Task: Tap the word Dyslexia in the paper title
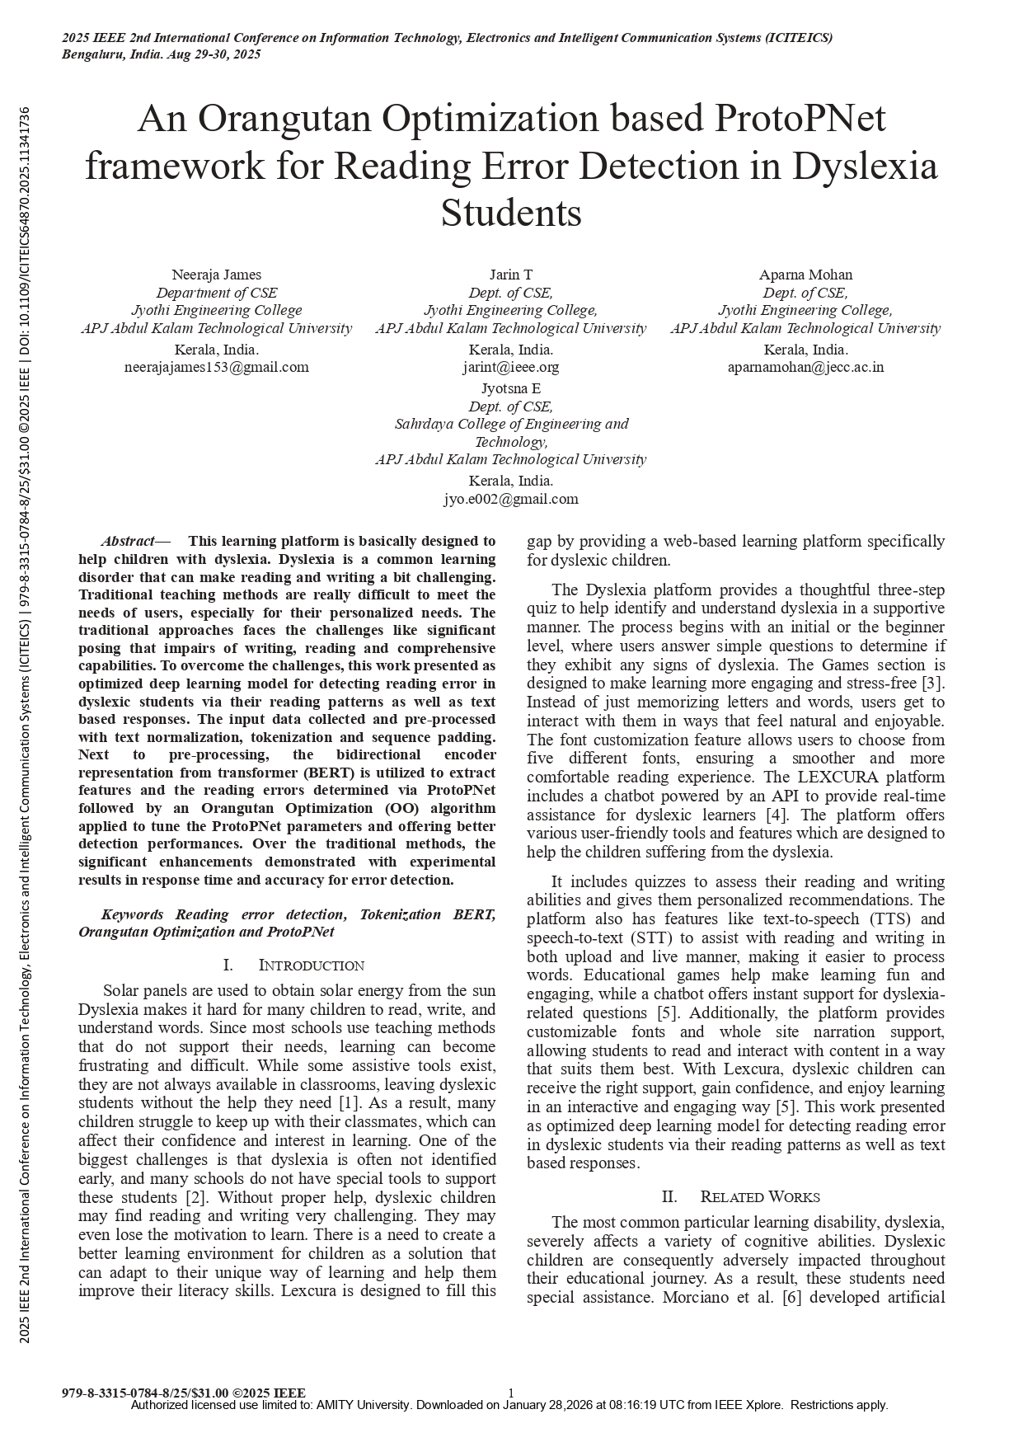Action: click(x=865, y=167)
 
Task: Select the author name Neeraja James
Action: click(x=216, y=275)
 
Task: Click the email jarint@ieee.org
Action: click(x=511, y=367)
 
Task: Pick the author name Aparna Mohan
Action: click(x=805, y=275)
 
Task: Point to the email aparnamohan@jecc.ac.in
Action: click(x=805, y=367)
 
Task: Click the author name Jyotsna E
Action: click(x=511, y=388)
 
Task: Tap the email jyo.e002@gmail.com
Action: click(x=511, y=499)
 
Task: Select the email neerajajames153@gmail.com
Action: click(x=216, y=367)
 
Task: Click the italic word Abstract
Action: click(x=128, y=542)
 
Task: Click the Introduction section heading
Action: click(x=311, y=965)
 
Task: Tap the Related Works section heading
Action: click(x=759, y=1197)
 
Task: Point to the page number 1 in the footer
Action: click(x=511, y=1393)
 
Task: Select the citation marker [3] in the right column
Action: click(x=933, y=684)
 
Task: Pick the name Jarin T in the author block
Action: click(x=511, y=275)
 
